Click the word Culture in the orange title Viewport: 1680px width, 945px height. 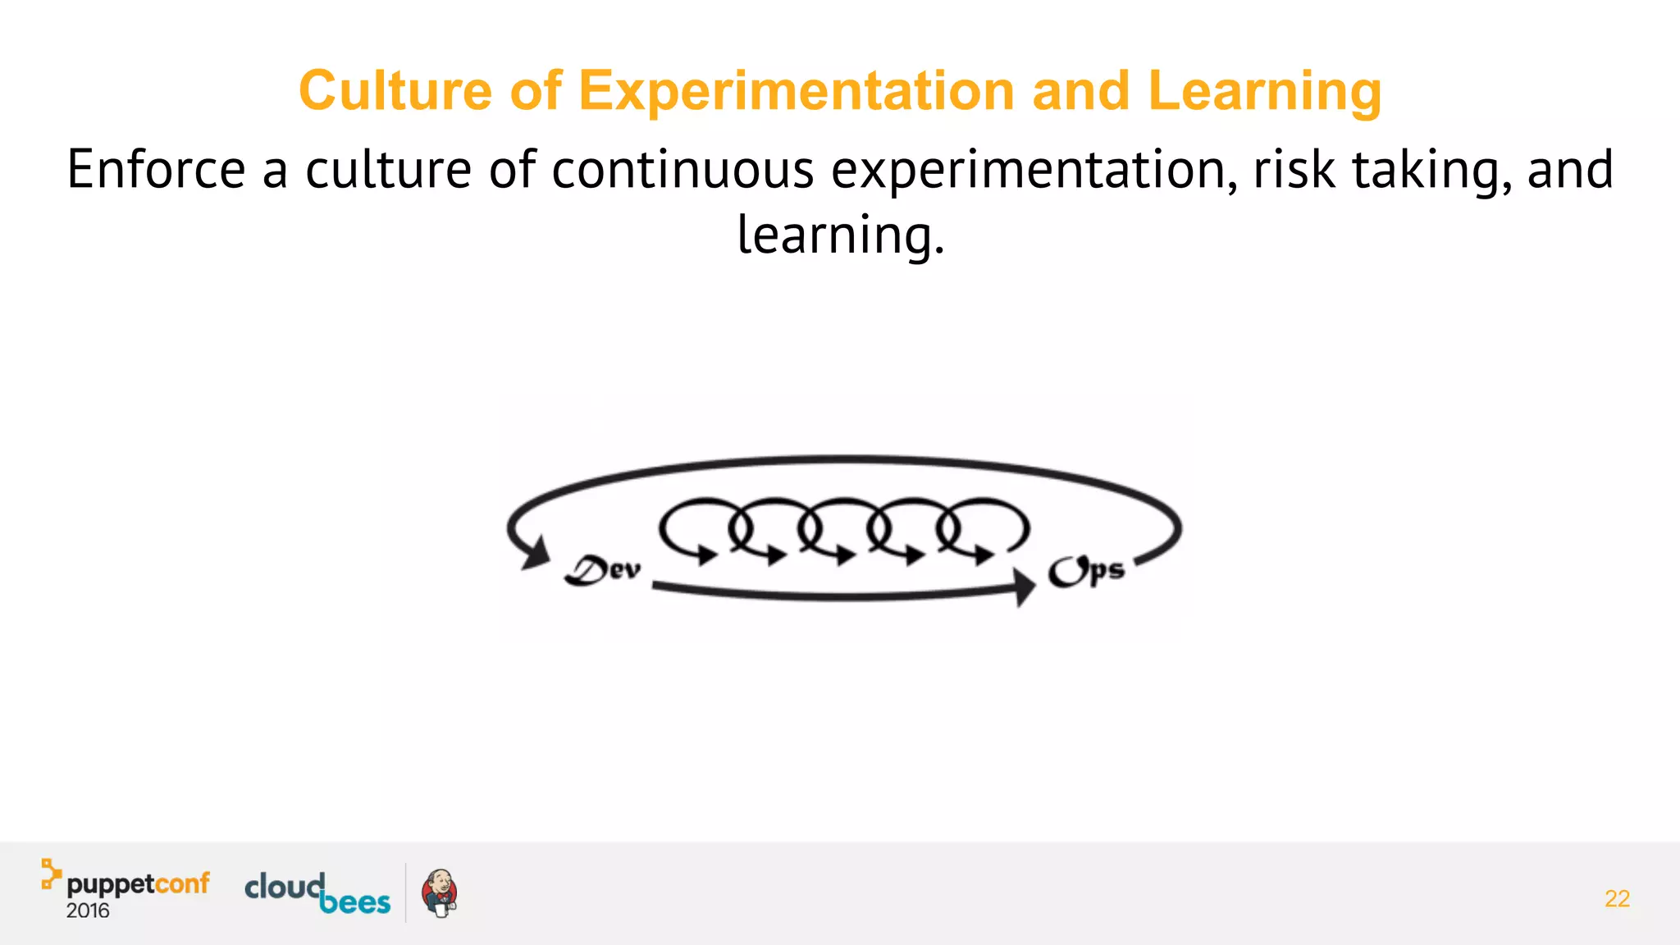(x=395, y=90)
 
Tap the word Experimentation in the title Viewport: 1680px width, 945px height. (x=797, y=90)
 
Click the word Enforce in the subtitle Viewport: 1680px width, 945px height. (x=156, y=170)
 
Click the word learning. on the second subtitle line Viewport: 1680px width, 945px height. (x=841, y=235)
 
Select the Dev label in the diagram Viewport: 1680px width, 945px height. (x=603, y=570)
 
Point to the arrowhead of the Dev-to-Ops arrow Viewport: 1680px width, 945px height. (x=1025, y=587)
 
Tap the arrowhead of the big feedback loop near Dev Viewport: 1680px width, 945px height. (x=536, y=554)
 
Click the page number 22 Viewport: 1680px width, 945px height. (x=1617, y=899)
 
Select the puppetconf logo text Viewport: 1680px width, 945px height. (x=138, y=884)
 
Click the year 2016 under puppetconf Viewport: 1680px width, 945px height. (x=88, y=911)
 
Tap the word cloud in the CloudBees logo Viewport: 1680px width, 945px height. (x=284, y=886)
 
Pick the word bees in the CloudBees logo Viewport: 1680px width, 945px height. (x=354, y=902)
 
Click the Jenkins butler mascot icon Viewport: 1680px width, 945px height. (x=439, y=893)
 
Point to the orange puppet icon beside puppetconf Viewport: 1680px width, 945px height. (x=51, y=874)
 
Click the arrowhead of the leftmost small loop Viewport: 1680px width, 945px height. (x=706, y=555)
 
